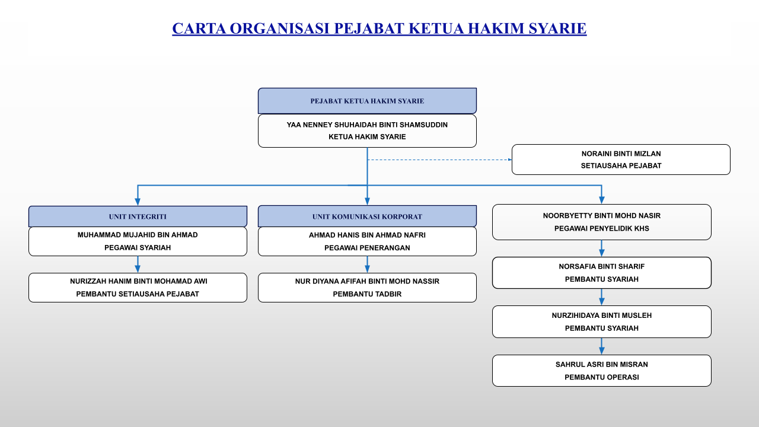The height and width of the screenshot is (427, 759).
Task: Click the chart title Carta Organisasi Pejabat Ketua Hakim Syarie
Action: click(x=379, y=28)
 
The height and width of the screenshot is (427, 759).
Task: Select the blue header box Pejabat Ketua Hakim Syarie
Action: click(x=367, y=101)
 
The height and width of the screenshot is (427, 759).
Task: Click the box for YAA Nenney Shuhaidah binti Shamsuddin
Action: click(x=367, y=130)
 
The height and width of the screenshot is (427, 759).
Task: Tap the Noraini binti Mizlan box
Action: click(x=621, y=160)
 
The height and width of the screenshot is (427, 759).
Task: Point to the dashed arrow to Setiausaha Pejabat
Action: click(x=439, y=160)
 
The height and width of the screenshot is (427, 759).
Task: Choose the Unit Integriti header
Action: click(x=138, y=216)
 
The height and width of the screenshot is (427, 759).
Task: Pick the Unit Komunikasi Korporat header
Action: click(x=367, y=216)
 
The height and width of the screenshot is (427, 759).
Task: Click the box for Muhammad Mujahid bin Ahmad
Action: click(x=138, y=241)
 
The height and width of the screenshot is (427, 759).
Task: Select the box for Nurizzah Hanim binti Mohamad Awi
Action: click(x=138, y=288)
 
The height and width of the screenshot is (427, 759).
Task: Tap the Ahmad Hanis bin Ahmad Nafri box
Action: click(x=367, y=241)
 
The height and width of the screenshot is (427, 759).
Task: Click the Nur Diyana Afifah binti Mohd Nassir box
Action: click(x=367, y=288)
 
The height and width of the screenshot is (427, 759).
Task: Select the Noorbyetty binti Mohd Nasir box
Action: click(x=601, y=222)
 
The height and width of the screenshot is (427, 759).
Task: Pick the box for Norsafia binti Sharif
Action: click(x=601, y=273)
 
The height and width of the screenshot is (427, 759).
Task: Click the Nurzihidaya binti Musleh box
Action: click(x=601, y=321)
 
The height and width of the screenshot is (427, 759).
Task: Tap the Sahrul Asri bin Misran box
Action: click(x=601, y=371)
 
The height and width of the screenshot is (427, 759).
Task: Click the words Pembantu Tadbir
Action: click(x=367, y=294)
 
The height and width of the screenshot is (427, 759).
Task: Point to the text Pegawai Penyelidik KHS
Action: click(x=601, y=228)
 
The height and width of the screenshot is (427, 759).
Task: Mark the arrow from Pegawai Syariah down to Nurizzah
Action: click(x=138, y=265)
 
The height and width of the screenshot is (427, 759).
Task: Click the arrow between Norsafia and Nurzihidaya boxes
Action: click(x=601, y=297)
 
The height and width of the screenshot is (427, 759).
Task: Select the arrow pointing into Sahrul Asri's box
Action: click(x=601, y=346)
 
